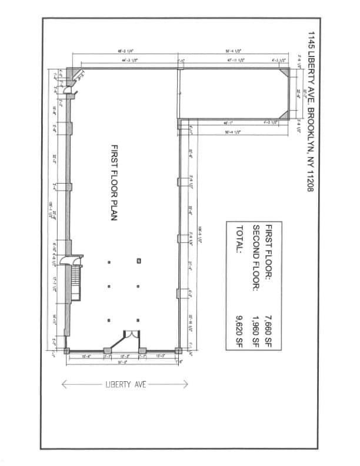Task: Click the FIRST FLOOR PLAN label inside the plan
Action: [115, 182]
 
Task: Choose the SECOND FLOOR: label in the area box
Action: [256, 254]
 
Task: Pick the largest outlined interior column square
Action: [138, 260]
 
